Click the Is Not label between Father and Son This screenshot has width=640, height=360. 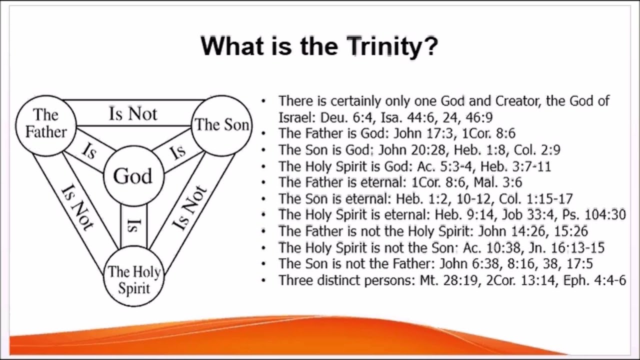tap(133, 113)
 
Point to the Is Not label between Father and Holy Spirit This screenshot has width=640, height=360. tap(77, 207)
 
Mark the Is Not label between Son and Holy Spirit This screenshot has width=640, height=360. tap(189, 207)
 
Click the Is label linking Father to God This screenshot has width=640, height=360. tap(89, 151)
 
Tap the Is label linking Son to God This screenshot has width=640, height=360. tap(177, 151)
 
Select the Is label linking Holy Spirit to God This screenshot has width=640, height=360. tap(133, 225)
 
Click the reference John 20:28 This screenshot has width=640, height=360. tap(412, 150)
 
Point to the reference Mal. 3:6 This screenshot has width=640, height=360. tap(498, 182)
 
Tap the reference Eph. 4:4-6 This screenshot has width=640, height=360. tap(594, 280)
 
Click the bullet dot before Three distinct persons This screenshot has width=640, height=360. tap(263, 280)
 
